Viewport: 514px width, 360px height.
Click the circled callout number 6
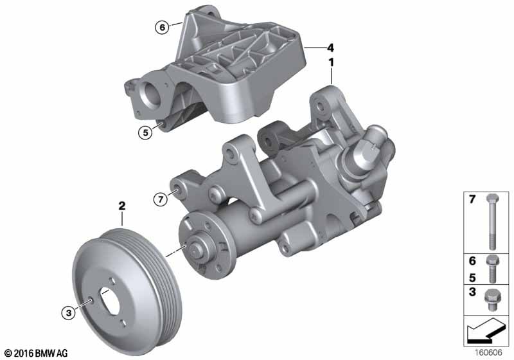click(x=161, y=27)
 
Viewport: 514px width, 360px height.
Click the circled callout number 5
click(x=146, y=133)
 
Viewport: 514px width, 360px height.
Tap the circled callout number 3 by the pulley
click(x=69, y=313)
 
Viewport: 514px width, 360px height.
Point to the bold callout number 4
click(x=330, y=47)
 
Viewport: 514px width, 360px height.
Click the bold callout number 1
click(x=332, y=63)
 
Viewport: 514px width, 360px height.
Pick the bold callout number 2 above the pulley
click(x=121, y=207)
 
